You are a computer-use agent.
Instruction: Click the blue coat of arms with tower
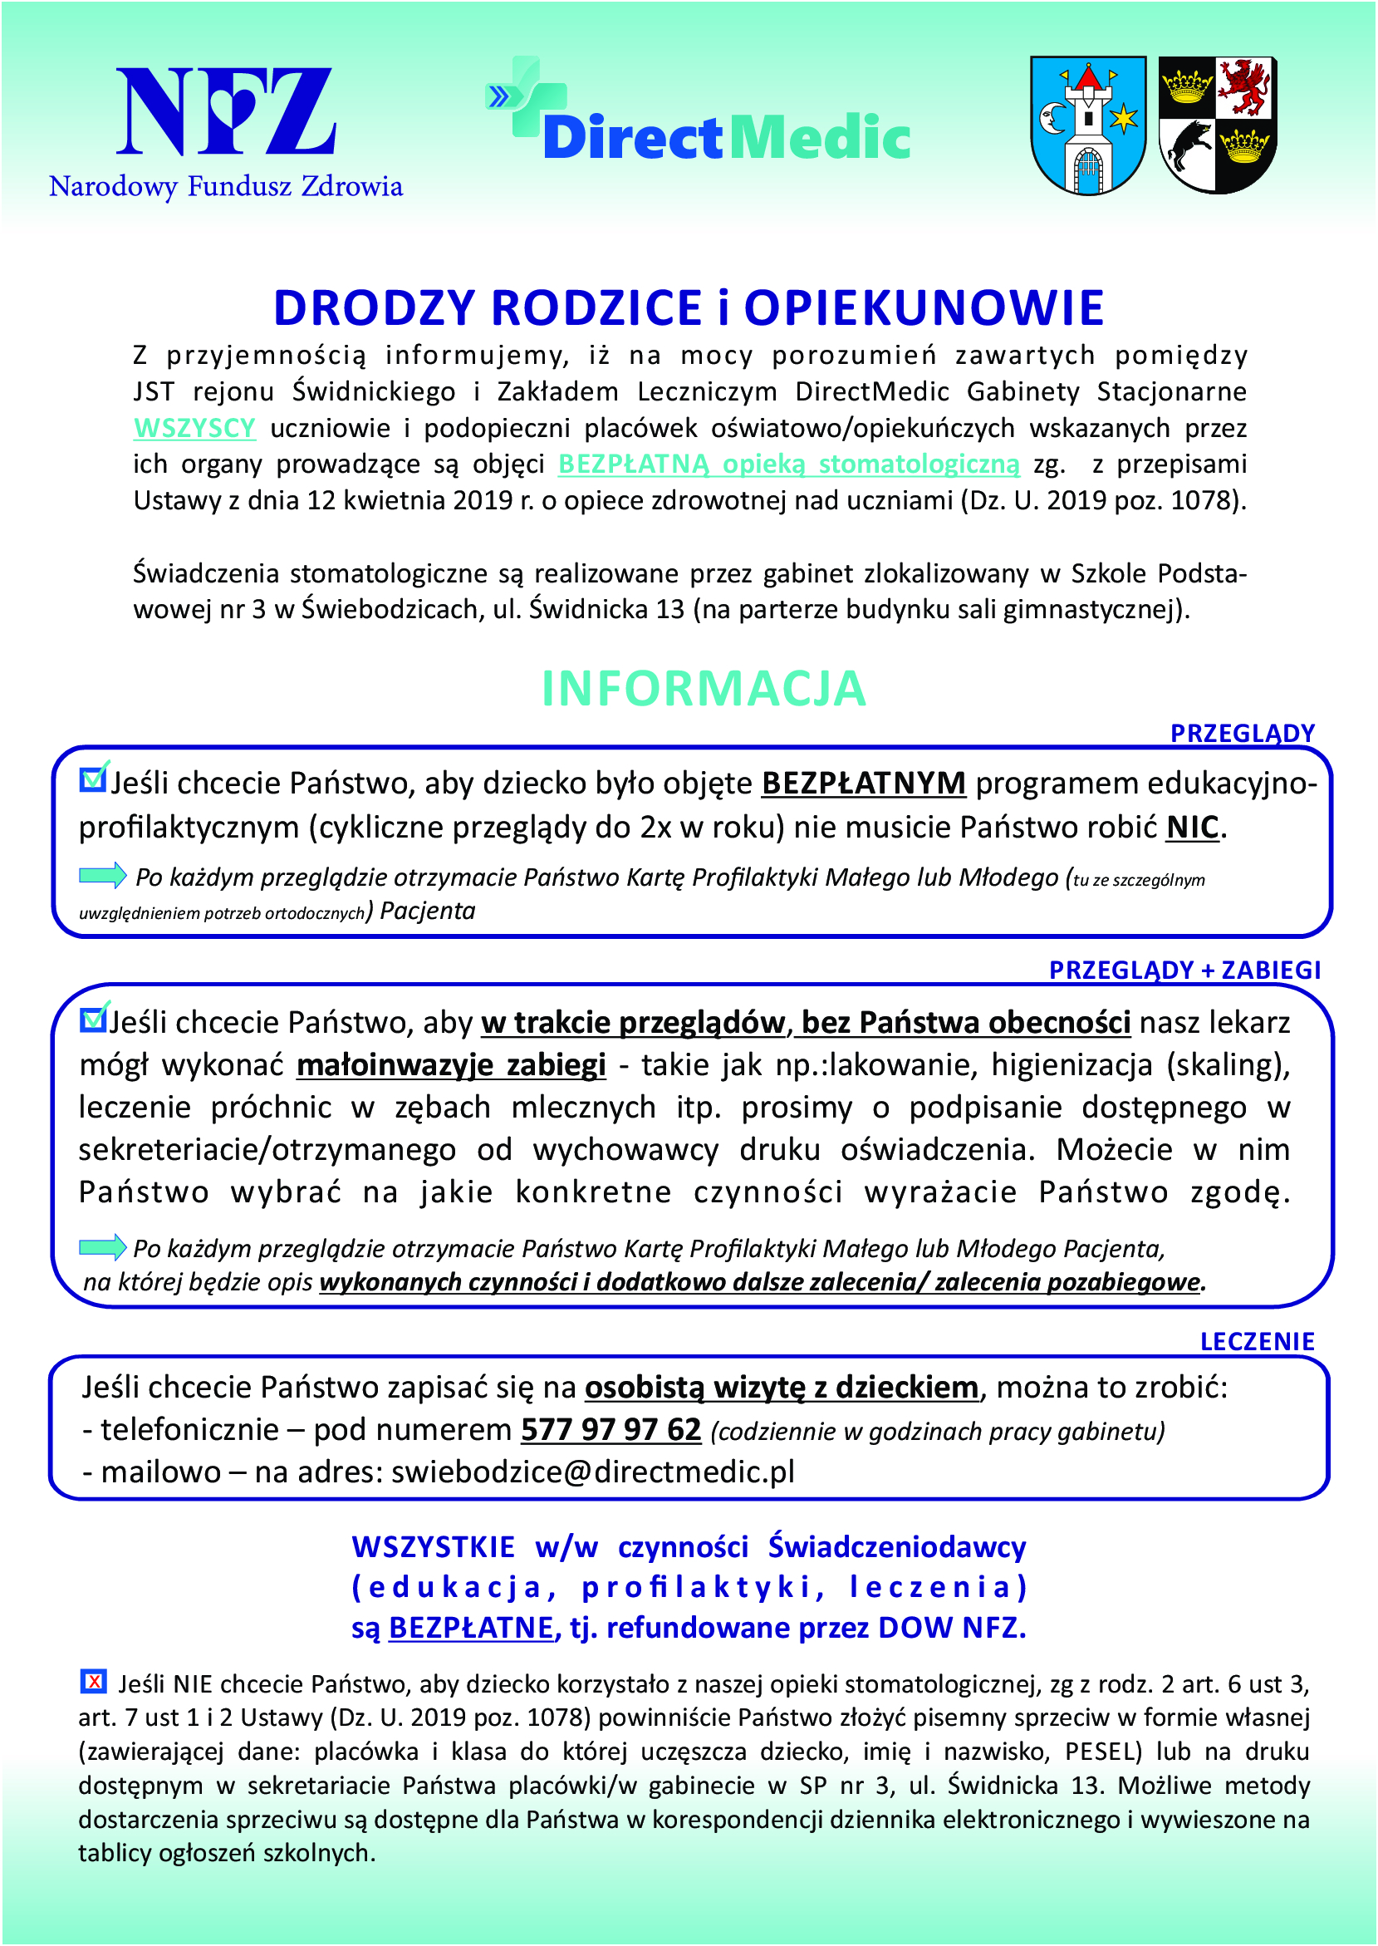point(1088,125)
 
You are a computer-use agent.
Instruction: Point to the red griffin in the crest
point(1245,86)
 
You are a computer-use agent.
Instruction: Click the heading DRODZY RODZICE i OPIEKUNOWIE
point(688,308)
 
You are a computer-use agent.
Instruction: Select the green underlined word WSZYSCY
point(194,429)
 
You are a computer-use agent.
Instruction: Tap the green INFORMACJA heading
point(704,688)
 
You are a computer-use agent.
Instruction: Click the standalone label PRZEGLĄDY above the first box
point(1243,733)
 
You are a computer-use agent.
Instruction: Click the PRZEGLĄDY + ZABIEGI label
point(1184,970)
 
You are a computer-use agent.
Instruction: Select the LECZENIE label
point(1257,1342)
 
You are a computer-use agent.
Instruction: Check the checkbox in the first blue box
point(91,779)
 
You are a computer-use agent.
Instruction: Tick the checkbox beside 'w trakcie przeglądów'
point(91,1019)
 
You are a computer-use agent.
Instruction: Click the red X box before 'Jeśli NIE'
point(92,1680)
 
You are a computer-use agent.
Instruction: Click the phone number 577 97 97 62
point(611,1430)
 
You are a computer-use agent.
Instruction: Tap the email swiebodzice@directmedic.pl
point(592,1472)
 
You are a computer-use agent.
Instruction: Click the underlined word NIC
point(1193,828)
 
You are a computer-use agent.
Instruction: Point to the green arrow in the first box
point(103,875)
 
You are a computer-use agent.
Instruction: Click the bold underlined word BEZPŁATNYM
point(864,784)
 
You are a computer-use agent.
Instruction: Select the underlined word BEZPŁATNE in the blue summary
point(471,1628)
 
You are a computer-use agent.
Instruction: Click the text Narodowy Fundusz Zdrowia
point(226,186)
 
